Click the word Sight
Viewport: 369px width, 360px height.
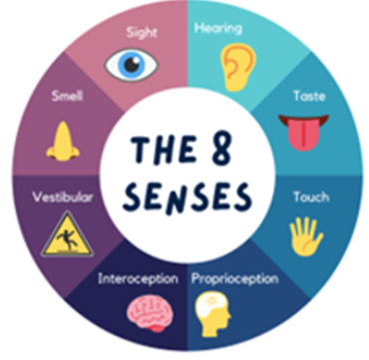click(x=142, y=33)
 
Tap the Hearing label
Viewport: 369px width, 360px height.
click(x=218, y=29)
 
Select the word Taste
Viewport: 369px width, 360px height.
click(x=309, y=96)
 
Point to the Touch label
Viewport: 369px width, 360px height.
click(x=311, y=197)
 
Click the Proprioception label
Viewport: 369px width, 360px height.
click(x=235, y=279)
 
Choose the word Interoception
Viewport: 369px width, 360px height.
click(x=138, y=279)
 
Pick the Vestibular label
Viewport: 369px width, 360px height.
click(x=63, y=197)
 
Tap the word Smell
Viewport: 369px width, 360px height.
click(x=67, y=96)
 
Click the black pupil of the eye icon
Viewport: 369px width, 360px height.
click(x=132, y=65)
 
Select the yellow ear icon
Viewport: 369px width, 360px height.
click(x=238, y=67)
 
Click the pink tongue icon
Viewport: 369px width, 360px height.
click(x=303, y=133)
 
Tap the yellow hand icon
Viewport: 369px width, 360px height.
click(x=306, y=236)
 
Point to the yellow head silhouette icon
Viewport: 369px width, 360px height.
click(x=212, y=314)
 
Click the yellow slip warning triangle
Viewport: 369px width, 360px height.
click(x=67, y=235)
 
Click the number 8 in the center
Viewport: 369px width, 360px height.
click(x=221, y=149)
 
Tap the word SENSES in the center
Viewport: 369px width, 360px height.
click(x=187, y=196)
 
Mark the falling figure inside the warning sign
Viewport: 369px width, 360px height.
click(x=67, y=240)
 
